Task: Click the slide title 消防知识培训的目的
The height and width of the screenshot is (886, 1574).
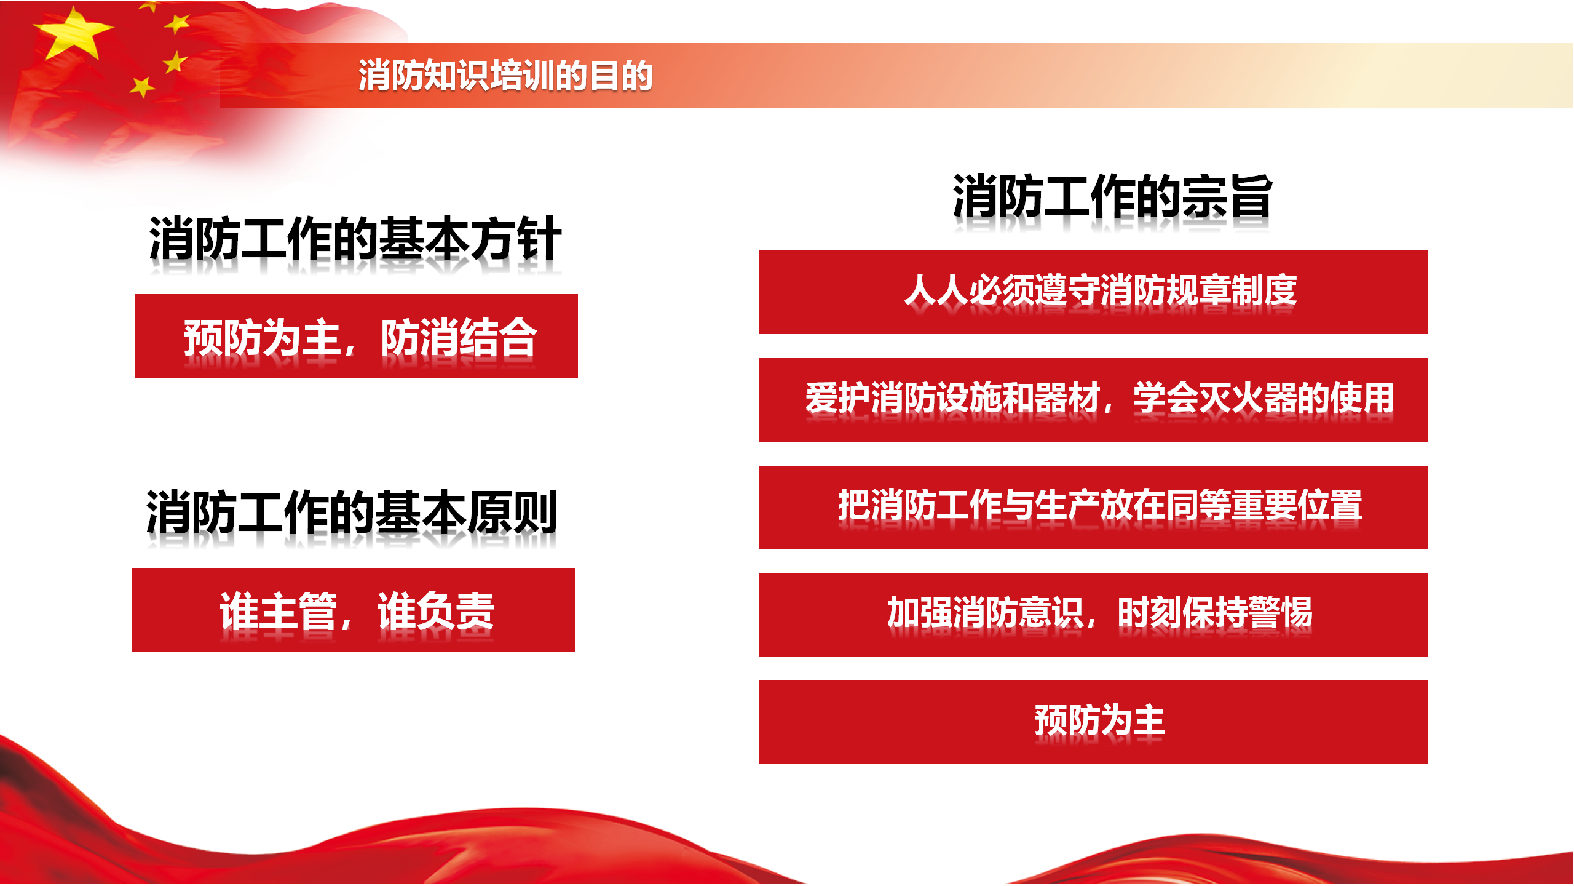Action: pyautogui.click(x=505, y=76)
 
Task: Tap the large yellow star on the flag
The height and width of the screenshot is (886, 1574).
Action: pyautogui.click(x=73, y=34)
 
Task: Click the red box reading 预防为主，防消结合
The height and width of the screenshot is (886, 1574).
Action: pyautogui.click(x=356, y=336)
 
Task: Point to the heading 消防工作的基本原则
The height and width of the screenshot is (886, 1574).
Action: pyautogui.click(x=352, y=512)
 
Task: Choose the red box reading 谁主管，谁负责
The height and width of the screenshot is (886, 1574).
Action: pyautogui.click(x=353, y=610)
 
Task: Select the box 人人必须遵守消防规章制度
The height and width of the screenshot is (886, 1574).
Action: pyautogui.click(x=1094, y=292)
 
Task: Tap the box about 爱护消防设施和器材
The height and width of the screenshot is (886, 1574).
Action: pyautogui.click(x=1094, y=400)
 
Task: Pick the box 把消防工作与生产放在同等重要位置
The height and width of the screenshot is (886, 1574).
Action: pyautogui.click(x=1094, y=508)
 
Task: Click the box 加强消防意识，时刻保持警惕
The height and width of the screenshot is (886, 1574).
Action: pyautogui.click(x=1094, y=615)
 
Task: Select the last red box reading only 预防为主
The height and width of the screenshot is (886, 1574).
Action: pyautogui.click(x=1094, y=722)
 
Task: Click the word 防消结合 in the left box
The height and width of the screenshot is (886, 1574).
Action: pyautogui.click(x=459, y=337)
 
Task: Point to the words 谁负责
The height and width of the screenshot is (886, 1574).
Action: pyautogui.click(x=436, y=611)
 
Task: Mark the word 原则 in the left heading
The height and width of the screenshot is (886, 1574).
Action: pyautogui.click(x=513, y=512)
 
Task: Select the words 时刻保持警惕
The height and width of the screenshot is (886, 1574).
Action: pyautogui.click(x=1215, y=612)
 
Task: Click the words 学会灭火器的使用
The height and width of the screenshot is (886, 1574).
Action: pyautogui.click(x=1264, y=397)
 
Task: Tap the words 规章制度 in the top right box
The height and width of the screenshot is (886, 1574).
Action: pyautogui.click(x=1232, y=290)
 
